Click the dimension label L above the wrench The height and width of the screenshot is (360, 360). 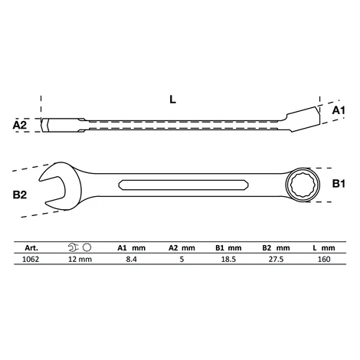tap(173, 100)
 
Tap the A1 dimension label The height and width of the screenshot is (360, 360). tap(339, 110)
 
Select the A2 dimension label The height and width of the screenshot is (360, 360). tap(20, 125)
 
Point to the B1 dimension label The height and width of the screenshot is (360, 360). tap(339, 184)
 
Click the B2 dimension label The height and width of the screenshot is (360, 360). tap(20, 195)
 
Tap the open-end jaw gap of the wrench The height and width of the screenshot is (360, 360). tap(52, 189)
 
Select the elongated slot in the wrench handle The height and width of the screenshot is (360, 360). tap(184, 185)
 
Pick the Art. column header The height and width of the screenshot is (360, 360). tap(31, 248)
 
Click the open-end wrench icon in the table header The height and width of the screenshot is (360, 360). tap(73, 247)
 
